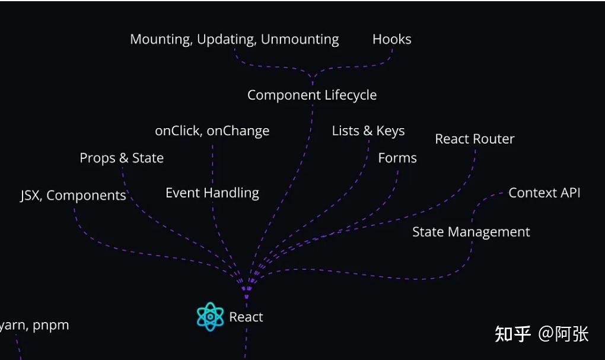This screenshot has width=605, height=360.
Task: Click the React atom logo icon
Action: pos(210,317)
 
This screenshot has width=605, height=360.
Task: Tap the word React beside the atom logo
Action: pos(246,317)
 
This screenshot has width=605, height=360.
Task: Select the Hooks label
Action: pos(391,39)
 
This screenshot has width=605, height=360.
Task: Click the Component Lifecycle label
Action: pos(312,95)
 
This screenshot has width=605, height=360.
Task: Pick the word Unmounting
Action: pos(300,40)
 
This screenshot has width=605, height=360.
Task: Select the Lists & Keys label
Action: pos(368,131)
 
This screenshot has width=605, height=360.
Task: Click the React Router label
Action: pos(475,139)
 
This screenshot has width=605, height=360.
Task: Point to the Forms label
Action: pos(397,158)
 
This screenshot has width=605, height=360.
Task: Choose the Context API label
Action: pos(544,193)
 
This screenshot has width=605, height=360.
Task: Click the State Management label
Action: pos(471,232)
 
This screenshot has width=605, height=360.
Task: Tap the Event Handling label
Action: pos(212,193)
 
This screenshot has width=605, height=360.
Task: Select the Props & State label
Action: pos(122,158)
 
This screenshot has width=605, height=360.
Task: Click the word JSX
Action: pos(30,196)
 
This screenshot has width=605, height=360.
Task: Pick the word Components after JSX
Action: pos(86,196)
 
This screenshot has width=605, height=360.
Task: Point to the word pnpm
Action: pos(51,326)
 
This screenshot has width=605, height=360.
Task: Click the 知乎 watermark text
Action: pos(513,334)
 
